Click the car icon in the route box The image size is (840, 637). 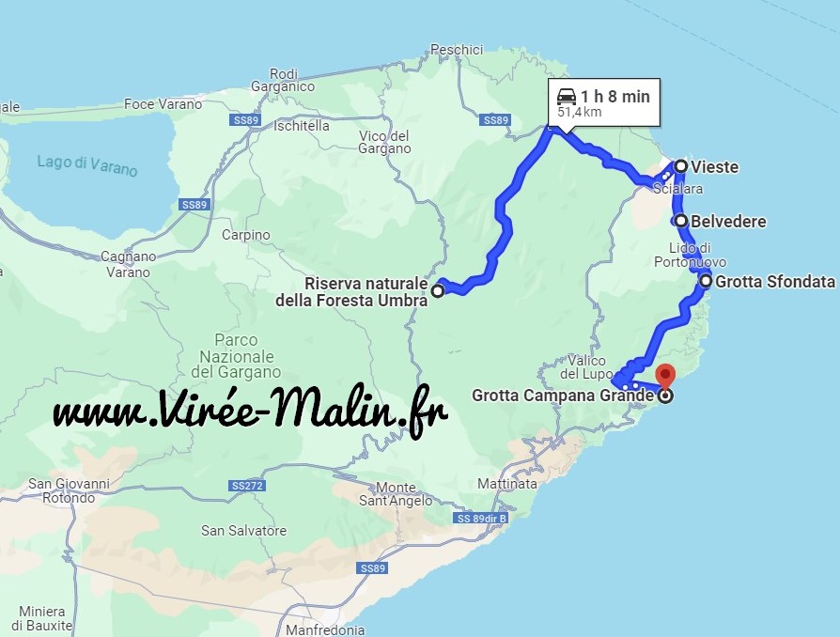click(x=566, y=96)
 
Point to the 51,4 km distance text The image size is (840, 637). click(x=579, y=112)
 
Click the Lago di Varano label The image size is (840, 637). click(x=87, y=165)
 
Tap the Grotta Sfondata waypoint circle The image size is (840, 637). click(x=706, y=281)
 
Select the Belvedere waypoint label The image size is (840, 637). click(x=728, y=222)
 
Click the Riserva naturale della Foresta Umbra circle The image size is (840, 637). click(x=437, y=292)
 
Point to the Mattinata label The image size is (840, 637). click(x=507, y=484)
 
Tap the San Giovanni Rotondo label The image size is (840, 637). click(x=69, y=490)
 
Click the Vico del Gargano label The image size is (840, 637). click(x=384, y=142)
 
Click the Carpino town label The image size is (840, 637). click(x=247, y=235)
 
